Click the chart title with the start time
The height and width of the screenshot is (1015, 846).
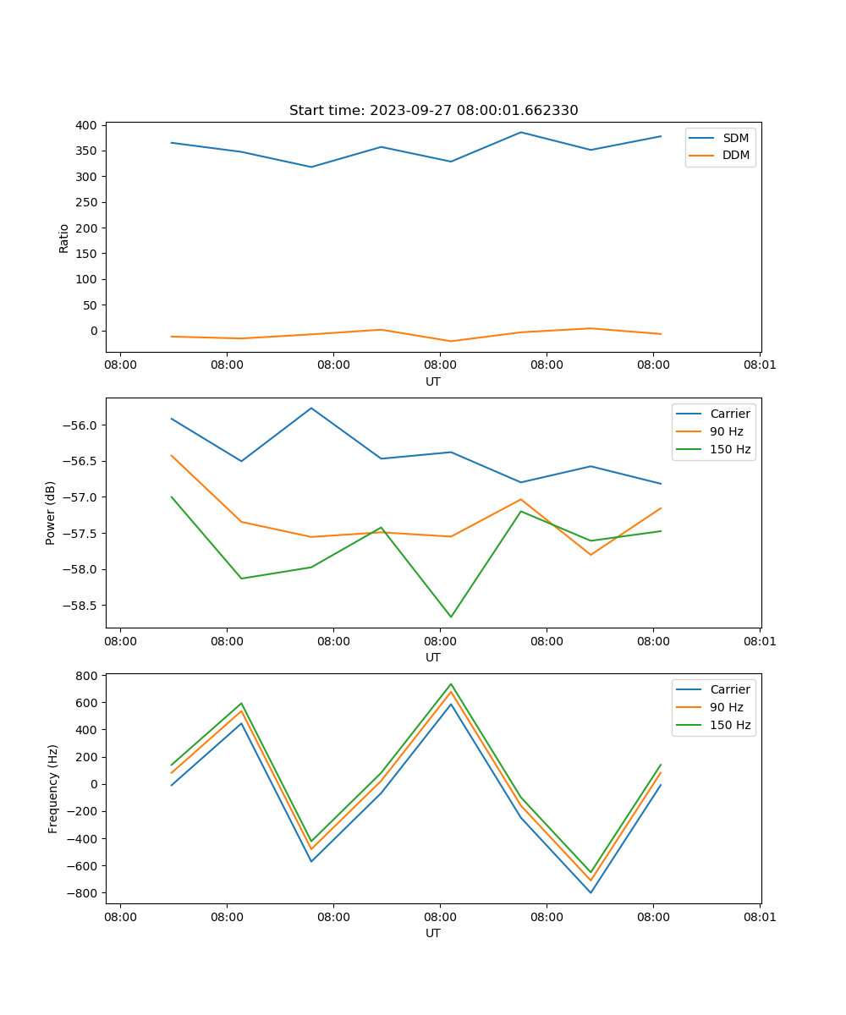(x=433, y=111)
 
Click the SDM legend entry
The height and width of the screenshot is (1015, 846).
(x=735, y=138)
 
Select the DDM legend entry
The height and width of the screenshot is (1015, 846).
(x=735, y=156)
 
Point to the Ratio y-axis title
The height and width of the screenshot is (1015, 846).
(x=64, y=239)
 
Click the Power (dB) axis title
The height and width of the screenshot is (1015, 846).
(x=51, y=513)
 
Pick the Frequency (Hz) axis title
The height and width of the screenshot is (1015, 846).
(x=53, y=788)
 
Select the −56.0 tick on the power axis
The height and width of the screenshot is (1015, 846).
(x=78, y=425)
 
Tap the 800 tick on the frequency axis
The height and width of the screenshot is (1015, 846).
(x=85, y=676)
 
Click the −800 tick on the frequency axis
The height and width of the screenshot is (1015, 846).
(x=82, y=893)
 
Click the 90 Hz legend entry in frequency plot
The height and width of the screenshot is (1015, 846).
(x=726, y=707)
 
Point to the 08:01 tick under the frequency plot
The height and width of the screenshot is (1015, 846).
(x=759, y=916)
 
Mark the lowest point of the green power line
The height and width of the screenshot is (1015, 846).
(x=451, y=617)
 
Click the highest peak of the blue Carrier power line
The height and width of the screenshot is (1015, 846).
(x=311, y=408)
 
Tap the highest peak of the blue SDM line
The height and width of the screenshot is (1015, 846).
(x=521, y=132)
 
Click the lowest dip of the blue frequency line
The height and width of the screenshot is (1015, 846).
(x=591, y=892)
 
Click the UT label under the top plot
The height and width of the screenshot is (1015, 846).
(x=433, y=381)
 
